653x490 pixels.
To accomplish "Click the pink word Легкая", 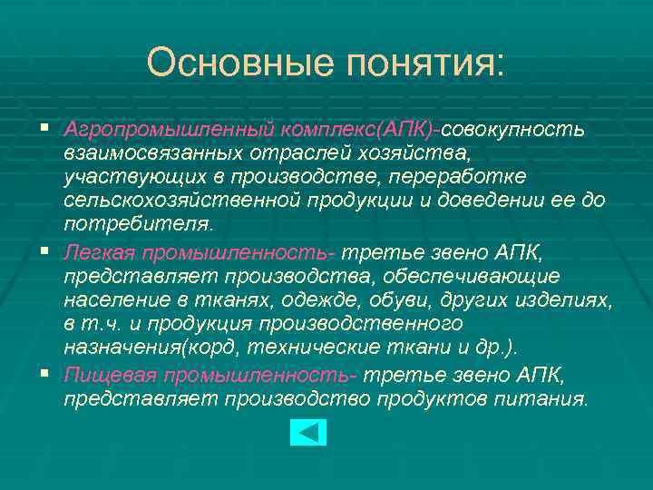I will click(x=94, y=251).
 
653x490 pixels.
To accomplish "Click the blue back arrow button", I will click(x=308, y=432).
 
